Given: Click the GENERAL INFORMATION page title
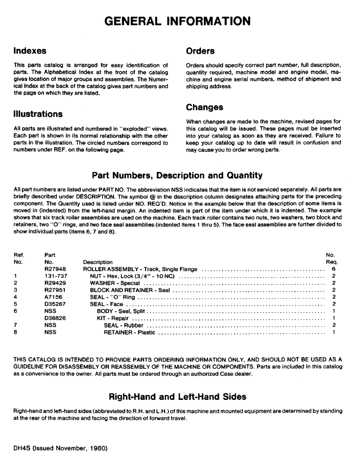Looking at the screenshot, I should pyautogui.click(x=177, y=21).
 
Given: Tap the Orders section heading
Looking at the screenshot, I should pyautogui.click(x=200, y=50).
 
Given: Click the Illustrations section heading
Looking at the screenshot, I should pyautogui.click(x=38, y=114).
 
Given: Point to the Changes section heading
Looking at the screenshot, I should pyautogui.click(x=204, y=107).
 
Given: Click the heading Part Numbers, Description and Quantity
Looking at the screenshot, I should pyautogui.click(x=177, y=176).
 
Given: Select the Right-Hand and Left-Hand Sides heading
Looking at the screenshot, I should pyautogui.click(x=177, y=397).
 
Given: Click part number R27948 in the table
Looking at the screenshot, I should pyautogui.click(x=54, y=269).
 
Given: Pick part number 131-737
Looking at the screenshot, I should pyautogui.click(x=54, y=276).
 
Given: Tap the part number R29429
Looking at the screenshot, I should pyautogui.click(x=54, y=283).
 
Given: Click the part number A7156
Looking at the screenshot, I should pyautogui.click(x=53, y=297).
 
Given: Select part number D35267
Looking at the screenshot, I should pyautogui.click(x=54, y=304).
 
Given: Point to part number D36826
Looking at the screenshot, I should pyautogui.click(x=54, y=318).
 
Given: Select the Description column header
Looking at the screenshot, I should pyautogui.click(x=97, y=262).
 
